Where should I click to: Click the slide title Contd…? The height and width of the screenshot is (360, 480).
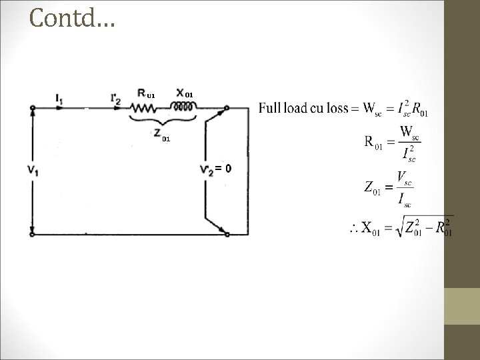point(72,18)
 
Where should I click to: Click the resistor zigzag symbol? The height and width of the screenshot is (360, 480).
point(143,108)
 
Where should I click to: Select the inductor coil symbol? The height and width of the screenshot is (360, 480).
point(183,107)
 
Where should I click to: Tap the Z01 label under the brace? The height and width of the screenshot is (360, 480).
point(162,135)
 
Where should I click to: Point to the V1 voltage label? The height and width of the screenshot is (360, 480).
point(33,170)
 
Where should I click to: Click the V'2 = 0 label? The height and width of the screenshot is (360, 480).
point(215,169)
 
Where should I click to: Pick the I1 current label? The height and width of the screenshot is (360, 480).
point(59,99)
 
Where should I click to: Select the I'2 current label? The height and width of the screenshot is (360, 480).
point(115,99)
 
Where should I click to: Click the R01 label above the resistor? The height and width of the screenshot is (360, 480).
point(146,93)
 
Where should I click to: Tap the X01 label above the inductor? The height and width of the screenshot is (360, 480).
point(185,93)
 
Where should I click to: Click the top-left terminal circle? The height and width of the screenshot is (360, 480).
point(33,108)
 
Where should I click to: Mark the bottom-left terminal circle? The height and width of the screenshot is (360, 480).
point(32,235)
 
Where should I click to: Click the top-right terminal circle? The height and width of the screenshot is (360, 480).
point(227,108)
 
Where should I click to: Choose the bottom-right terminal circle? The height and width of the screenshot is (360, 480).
point(227,235)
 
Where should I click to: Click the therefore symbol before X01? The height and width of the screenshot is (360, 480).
point(354,229)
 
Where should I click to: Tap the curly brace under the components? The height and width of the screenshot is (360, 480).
point(163,120)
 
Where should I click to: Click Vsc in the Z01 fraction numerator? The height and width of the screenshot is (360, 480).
point(404,179)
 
